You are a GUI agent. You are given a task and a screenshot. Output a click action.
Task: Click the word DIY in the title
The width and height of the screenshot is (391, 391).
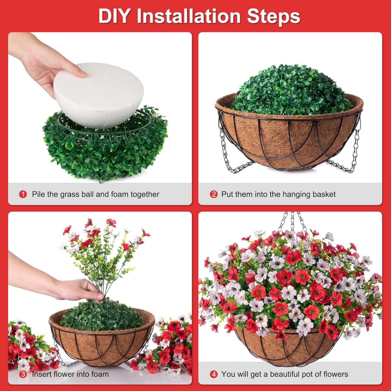114,16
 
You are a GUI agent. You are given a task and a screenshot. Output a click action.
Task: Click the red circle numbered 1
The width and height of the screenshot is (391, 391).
23,194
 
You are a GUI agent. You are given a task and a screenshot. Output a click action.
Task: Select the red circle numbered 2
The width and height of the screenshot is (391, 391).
213,194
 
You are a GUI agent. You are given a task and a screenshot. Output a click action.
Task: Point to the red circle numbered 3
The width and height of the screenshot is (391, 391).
23,374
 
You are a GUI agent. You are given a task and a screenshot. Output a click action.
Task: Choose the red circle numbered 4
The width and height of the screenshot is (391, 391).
213,374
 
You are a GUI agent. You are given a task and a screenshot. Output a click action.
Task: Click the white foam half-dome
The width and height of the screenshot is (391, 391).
99,97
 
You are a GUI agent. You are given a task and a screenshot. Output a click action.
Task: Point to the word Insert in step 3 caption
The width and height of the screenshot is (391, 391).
42,374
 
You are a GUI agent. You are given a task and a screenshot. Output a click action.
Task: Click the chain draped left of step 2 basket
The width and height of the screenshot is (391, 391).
227,157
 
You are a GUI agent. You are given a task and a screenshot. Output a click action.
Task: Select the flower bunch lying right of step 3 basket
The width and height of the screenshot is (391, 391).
170,344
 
